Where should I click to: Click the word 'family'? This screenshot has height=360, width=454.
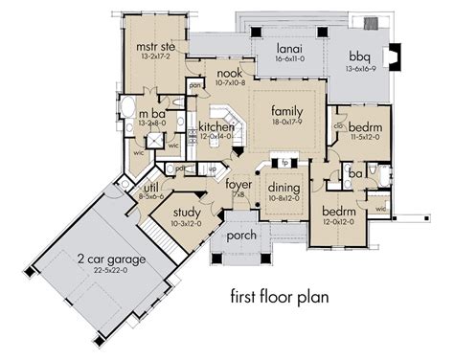pos(285,110)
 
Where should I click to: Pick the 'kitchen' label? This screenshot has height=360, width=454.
pos(217,127)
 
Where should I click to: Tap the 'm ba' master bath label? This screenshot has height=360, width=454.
pos(153,115)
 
